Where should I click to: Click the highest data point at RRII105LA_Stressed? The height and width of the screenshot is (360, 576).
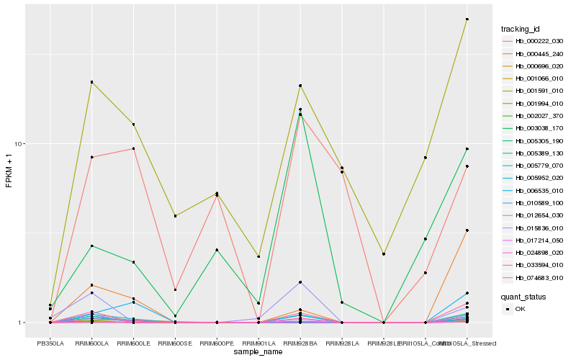[x=467, y=19]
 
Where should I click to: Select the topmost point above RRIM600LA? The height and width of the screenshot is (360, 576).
[x=91, y=82]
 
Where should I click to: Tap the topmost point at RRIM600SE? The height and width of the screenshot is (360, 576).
[x=175, y=216]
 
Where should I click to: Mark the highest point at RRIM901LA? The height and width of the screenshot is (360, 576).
[x=258, y=256]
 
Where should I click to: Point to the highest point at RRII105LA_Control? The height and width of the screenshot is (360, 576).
[x=426, y=158]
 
